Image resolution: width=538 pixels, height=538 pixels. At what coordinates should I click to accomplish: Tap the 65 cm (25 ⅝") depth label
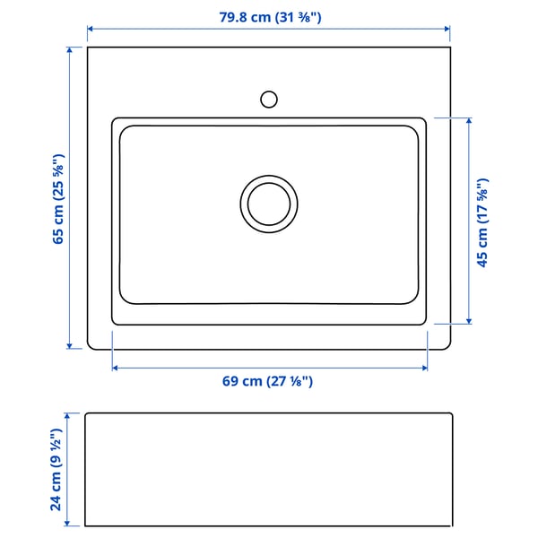[x=58, y=199]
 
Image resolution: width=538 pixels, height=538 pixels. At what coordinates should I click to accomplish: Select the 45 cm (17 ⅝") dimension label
[x=482, y=221]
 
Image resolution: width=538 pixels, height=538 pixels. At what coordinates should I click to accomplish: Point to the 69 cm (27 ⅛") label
[x=267, y=381]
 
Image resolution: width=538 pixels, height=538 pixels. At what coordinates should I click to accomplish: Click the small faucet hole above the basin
[x=268, y=99]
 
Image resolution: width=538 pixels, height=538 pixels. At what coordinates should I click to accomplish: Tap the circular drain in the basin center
[x=268, y=203]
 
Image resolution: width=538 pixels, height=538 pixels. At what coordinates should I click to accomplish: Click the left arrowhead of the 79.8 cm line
[x=91, y=30]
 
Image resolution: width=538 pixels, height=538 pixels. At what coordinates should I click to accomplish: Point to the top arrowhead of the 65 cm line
[x=71, y=50]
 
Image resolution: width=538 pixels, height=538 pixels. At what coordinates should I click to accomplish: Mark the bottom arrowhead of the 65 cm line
[x=71, y=346]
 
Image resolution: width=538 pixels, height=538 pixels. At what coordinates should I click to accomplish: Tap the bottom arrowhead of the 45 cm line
[x=469, y=320]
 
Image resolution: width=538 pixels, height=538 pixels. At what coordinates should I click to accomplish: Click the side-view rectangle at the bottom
[x=268, y=470]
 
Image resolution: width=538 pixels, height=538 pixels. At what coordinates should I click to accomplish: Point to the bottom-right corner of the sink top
[x=449, y=348]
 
